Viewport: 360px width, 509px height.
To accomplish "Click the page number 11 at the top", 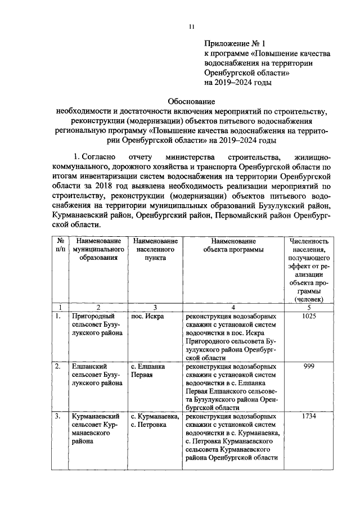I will click(191, 26).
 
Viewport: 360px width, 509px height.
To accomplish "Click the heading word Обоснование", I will click(191, 101).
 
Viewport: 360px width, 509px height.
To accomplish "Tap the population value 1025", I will click(309, 316).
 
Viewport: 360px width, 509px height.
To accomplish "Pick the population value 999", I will click(309, 366).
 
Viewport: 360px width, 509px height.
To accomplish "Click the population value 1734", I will click(309, 416).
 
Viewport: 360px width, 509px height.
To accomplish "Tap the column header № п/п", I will click(57, 245).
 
